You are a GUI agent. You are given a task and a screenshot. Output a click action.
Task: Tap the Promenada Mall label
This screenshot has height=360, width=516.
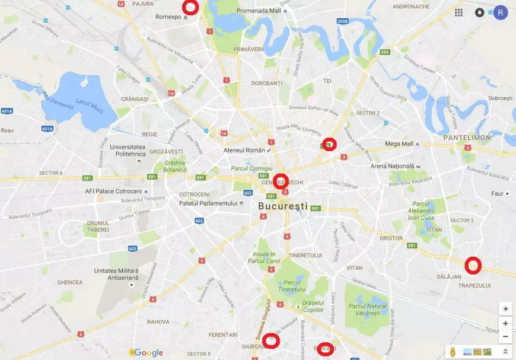(258, 11)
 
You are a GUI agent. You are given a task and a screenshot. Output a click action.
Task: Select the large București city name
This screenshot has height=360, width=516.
(283, 206)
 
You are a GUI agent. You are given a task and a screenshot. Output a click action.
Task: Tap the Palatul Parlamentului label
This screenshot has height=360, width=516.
(208, 203)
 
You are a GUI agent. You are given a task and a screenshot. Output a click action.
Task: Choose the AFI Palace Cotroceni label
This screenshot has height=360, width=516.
(113, 191)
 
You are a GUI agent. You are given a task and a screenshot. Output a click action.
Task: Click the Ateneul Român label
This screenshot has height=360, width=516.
(244, 150)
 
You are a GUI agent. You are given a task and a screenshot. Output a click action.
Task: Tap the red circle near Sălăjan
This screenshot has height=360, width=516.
(472, 266)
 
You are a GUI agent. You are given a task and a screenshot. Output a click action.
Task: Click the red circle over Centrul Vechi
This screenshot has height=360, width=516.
(281, 180)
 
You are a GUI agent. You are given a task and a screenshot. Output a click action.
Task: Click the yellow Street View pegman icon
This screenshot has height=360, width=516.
(453, 352)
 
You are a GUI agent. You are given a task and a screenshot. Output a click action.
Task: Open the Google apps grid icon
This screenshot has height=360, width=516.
(458, 12)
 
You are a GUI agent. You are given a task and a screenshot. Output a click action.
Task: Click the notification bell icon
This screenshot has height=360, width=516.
(479, 12)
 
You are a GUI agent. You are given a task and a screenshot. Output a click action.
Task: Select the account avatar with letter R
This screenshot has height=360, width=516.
(501, 12)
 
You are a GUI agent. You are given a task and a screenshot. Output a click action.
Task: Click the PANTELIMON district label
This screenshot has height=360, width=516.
(467, 138)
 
